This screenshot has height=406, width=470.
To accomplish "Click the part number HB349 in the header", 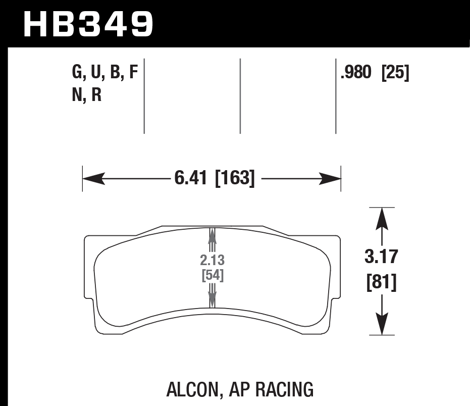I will [88, 24].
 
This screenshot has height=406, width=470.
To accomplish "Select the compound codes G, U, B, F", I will [105, 73].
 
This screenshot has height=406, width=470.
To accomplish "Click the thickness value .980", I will [356, 73].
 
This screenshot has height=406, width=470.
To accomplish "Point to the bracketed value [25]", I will [395, 73].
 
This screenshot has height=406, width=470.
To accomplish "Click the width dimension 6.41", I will [191, 178].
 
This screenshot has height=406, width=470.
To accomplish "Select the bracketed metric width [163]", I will [235, 178].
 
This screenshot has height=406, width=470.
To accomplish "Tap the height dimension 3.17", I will [382, 258].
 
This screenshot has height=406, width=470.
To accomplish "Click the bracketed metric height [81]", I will [382, 282].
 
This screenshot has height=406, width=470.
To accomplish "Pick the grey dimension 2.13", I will [212, 261].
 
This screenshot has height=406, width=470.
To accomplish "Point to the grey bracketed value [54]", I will [212, 276].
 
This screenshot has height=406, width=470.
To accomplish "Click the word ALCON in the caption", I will [191, 389].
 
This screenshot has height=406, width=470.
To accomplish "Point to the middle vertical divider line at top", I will [240, 96].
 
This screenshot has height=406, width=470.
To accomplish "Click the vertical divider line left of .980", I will [336, 96].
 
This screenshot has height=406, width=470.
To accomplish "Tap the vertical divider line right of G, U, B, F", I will [144, 96].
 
